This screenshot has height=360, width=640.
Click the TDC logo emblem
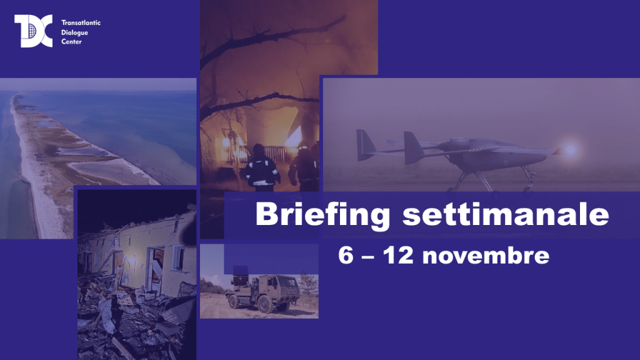point(34,31)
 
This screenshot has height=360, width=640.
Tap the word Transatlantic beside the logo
point(81,23)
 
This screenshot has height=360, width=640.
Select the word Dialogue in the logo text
point(75,32)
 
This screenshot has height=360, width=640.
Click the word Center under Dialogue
point(71,42)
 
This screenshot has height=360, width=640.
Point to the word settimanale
point(506,214)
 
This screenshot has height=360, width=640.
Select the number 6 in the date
point(346,256)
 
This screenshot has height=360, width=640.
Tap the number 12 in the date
point(399,256)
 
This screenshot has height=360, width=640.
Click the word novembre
point(486,256)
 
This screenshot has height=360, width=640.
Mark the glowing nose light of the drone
point(570,149)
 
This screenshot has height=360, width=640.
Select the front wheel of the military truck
point(264,304)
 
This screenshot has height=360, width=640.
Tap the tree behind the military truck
point(308,284)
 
